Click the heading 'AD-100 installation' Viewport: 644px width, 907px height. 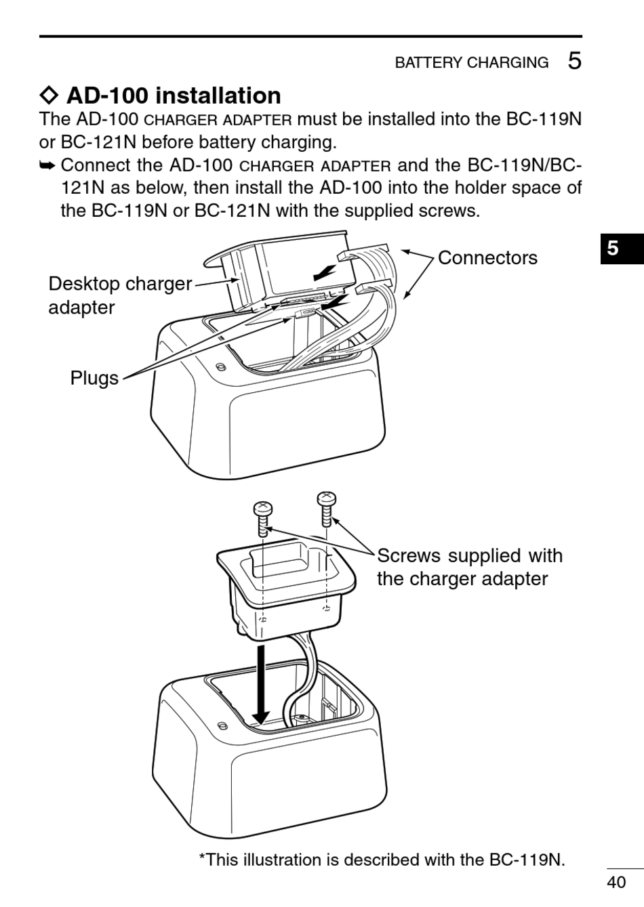tap(174, 96)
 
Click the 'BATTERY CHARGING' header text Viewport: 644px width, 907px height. tap(472, 63)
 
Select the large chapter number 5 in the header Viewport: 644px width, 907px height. tap(574, 61)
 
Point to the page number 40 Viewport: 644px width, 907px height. tap(616, 882)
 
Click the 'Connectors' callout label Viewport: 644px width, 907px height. tap(487, 257)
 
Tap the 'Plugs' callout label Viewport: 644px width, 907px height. tap(94, 378)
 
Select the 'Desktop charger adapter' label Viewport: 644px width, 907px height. tap(119, 295)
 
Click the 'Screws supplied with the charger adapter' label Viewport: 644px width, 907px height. tap(469, 567)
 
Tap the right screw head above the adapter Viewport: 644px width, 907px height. tap(326, 500)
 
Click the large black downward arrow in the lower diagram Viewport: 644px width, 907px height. tap(260, 684)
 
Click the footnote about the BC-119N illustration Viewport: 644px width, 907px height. tap(382, 860)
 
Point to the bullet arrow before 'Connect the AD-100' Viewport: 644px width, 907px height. tap(47, 165)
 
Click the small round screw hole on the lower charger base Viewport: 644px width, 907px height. tap(222, 725)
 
